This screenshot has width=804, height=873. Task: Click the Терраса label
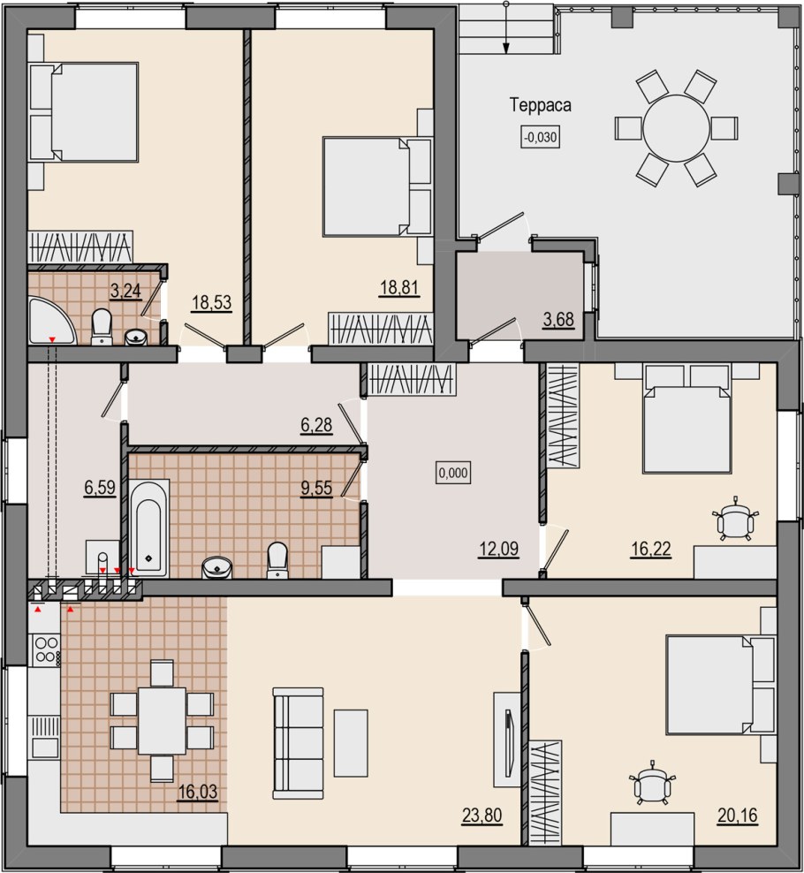click(541, 105)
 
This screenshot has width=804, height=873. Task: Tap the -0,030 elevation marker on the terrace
click(540, 136)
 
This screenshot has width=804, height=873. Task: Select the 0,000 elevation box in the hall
click(453, 474)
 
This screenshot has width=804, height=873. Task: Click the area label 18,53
click(211, 303)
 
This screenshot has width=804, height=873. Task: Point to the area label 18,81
click(399, 288)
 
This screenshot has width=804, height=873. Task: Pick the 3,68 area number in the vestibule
click(557, 320)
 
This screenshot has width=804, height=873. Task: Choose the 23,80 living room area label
click(482, 816)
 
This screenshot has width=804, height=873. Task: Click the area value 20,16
click(738, 816)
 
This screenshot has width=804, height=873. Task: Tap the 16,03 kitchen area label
click(198, 791)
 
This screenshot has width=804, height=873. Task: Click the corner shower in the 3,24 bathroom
click(50, 322)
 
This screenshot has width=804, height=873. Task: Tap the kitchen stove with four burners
click(47, 650)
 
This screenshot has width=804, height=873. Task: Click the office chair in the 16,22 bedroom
click(736, 519)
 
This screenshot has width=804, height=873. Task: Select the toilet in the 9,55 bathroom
click(277, 560)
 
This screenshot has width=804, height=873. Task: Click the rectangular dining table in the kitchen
click(162, 720)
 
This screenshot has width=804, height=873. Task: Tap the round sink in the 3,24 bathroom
click(135, 338)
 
